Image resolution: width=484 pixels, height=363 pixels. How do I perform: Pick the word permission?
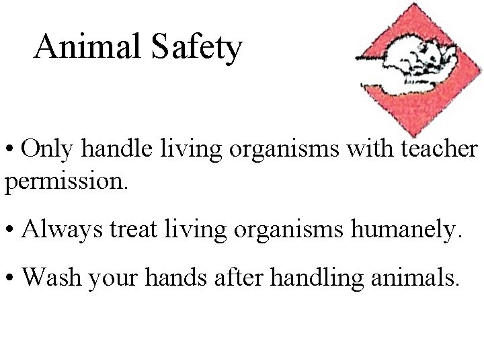66,181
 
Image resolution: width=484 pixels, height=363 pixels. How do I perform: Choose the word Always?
60,230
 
